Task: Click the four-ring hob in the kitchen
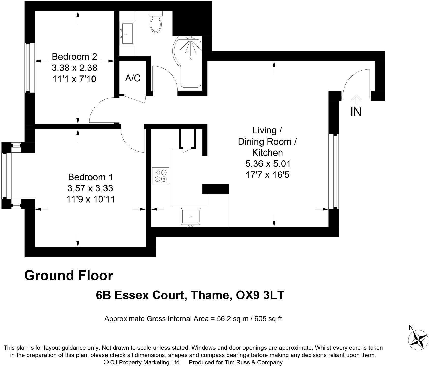pyautogui.click(x=160, y=176)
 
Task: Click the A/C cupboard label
pyautogui.click(x=133, y=78)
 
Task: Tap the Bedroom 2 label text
pyautogui.click(x=74, y=56)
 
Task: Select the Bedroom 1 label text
pyautogui.click(x=90, y=177)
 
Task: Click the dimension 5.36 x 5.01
pyautogui.click(x=268, y=164)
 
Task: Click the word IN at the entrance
pyautogui.click(x=356, y=112)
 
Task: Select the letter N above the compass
pyautogui.click(x=411, y=328)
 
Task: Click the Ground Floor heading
pyautogui.click(x=69, y=276)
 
